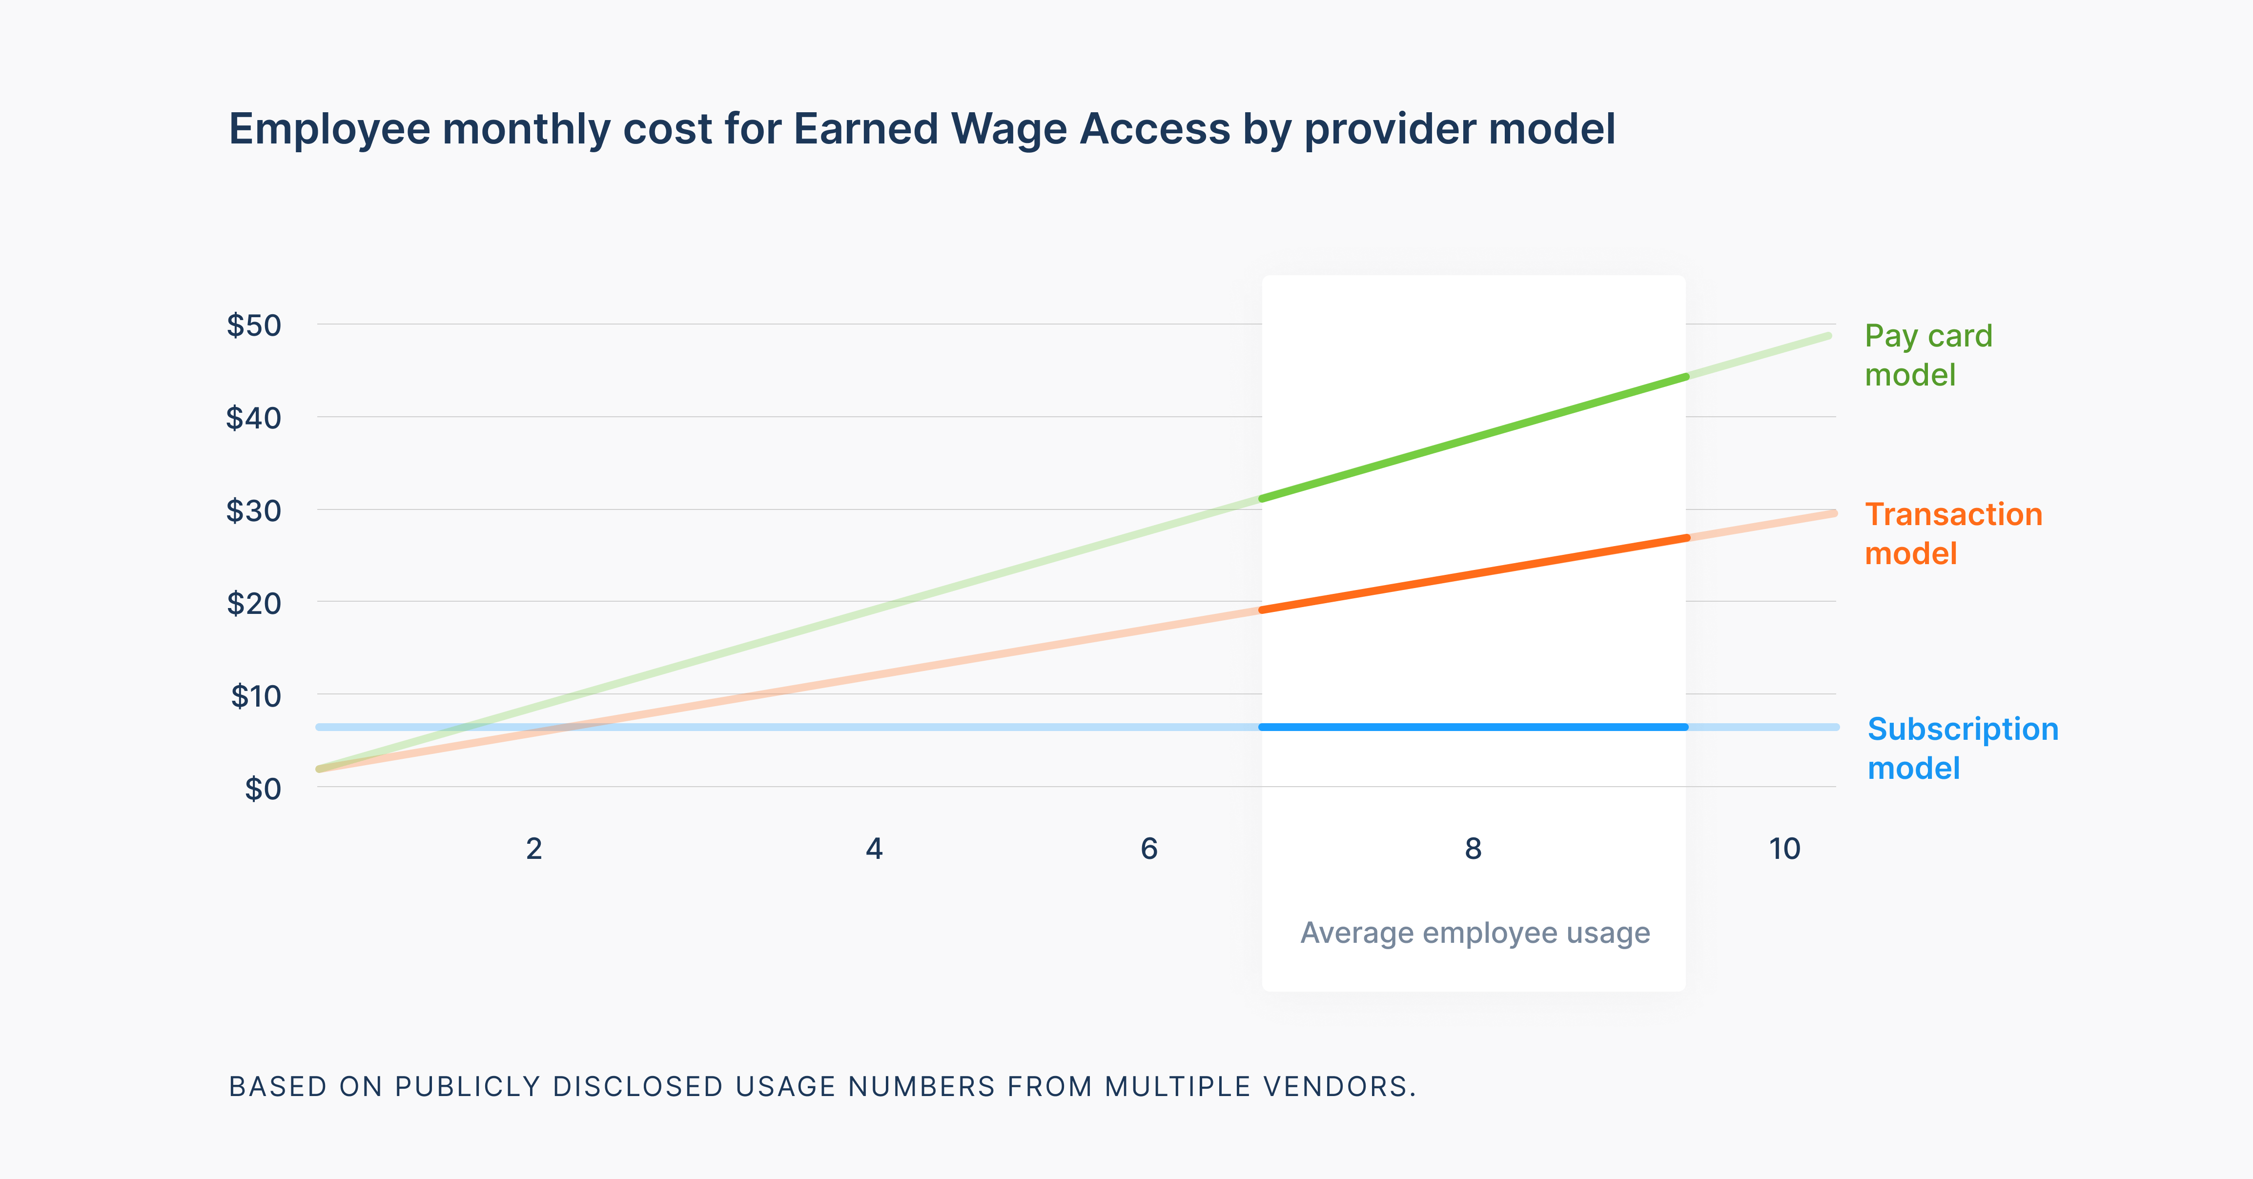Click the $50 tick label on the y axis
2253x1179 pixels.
tap(254, 325)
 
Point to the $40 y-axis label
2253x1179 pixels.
tap(254, 418)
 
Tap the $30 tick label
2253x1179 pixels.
tap(254, 511)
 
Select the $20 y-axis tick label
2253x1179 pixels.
tap(254, 604)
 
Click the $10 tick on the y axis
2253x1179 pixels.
tap(255, 696)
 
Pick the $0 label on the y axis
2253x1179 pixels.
tap(263, 789)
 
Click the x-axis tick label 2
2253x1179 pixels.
tap(533, 849)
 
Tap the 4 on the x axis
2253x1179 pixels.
tap(874, 849)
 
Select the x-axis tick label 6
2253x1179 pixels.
tap(1149, 849)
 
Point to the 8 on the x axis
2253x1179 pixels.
tap(1474, 849)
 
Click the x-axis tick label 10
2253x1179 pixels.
tap(1784, 849)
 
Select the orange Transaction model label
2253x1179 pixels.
tap(1953, 533)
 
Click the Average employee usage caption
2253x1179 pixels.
tap(1475, 933)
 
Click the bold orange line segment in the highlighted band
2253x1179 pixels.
tap(1474, 574)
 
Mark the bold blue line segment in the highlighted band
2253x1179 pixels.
tap(1474, 727)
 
